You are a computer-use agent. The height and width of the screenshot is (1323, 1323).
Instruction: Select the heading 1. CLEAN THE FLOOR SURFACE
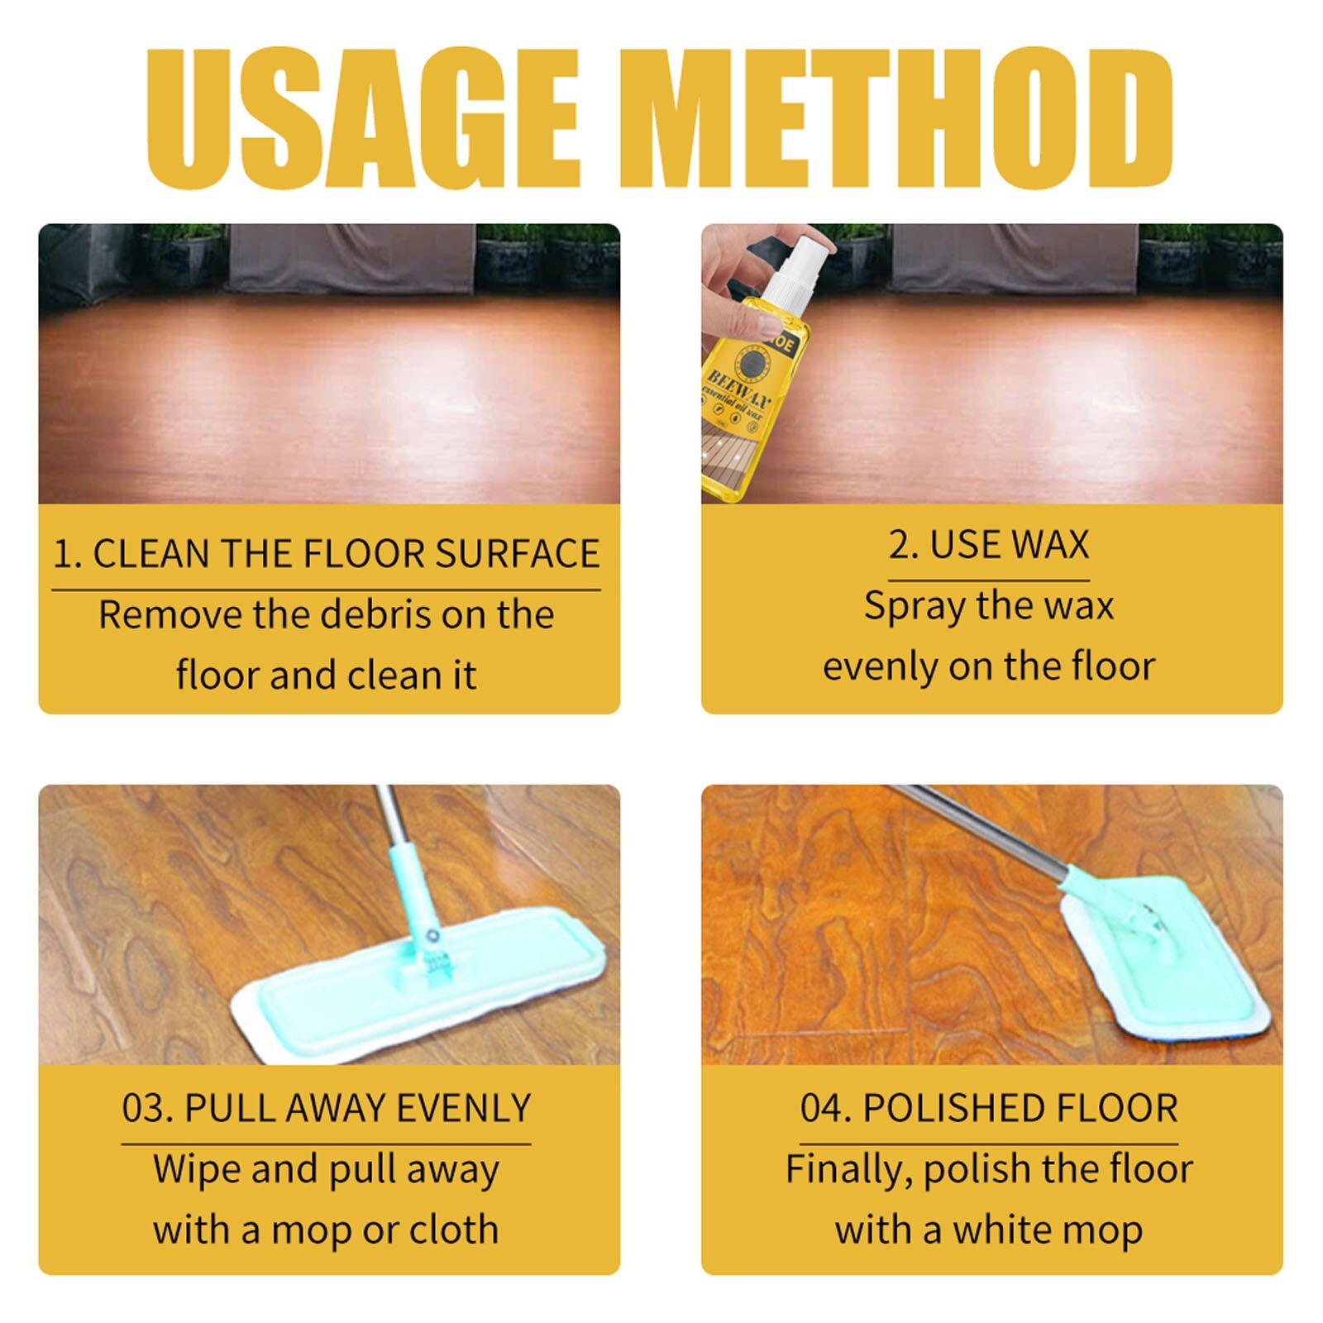pyautogui.click(x=326, y=554)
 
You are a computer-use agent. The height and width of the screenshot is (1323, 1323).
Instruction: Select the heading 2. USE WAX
pyautogui.click(x=989, y=545)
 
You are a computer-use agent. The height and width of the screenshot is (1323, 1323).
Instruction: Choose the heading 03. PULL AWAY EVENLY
pyautogui.click(x=326, y=1108)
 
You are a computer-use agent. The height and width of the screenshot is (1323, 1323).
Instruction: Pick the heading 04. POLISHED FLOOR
pyautogui.click(x=989, y=1108)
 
